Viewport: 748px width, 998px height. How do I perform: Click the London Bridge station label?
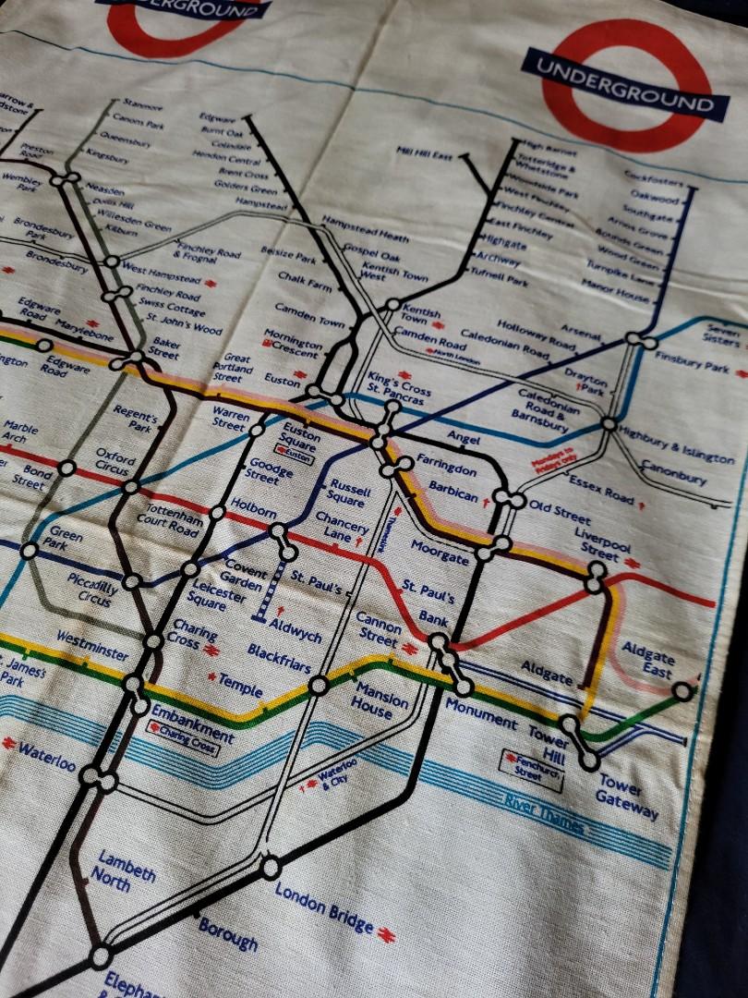point(324,907)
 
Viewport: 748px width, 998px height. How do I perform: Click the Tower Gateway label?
point(627,797)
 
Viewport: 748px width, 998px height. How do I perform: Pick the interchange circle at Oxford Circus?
point(132,486)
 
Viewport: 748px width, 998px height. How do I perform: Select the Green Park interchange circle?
point(30,551)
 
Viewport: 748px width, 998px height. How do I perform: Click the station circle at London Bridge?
point(270,868)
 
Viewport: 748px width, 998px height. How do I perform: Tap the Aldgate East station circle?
point(682,690)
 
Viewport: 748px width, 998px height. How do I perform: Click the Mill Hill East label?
point(424,152)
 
